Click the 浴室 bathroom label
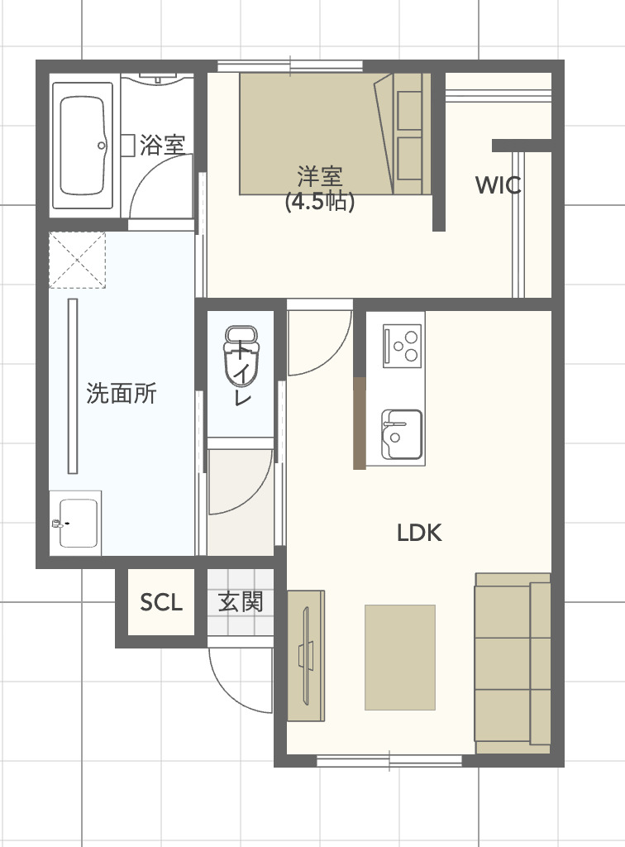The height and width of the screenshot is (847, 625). click(x=162, y=146)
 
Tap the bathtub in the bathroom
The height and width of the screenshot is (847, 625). click(x=83, y=146)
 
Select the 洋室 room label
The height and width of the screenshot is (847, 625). click(x=320, y=175)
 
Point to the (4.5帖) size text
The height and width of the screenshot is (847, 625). click(x=320, y=201)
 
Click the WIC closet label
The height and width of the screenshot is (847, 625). click(x=498, y=185)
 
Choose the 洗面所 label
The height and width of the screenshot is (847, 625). click(x=122, y=394)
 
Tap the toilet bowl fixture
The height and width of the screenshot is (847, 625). click(x=241, y=356)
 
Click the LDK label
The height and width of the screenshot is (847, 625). click(x=419, y=534)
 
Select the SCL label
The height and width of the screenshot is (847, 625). click(x=160, y=602)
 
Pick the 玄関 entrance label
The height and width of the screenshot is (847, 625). click(x=240, y=601)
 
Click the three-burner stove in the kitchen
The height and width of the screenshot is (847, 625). click(x=402, y=345)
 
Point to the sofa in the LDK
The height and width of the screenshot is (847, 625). click(x=512, y=662)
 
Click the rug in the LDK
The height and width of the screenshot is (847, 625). click(x=400, y=658)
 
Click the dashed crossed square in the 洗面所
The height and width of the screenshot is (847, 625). click(x=77, y=260)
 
